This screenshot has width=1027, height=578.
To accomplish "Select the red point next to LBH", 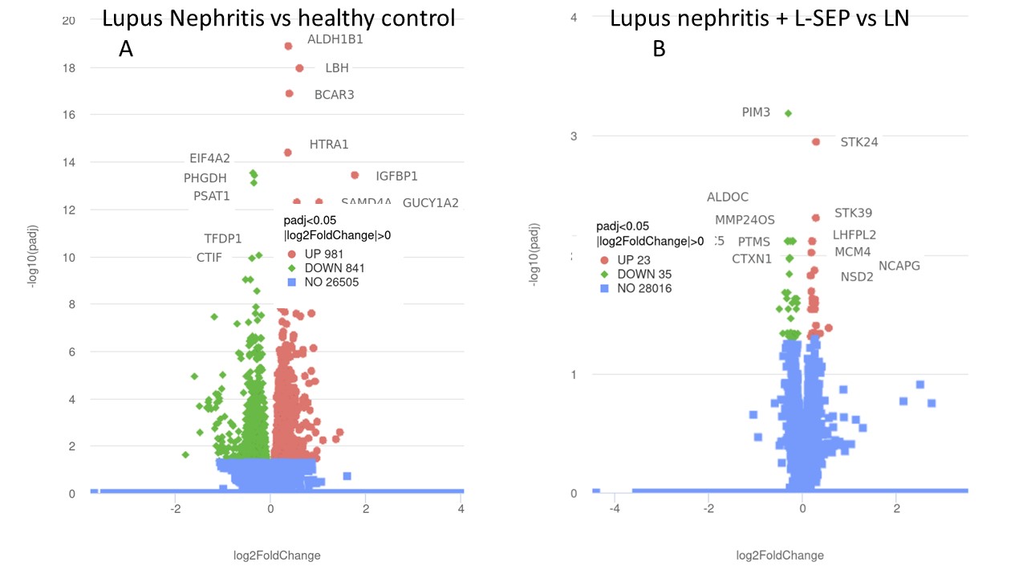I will click(x=299, y=68).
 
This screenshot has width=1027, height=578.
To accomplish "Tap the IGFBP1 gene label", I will click(x=396, y=176).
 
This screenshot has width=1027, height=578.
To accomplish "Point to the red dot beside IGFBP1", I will click(x=355, y=175).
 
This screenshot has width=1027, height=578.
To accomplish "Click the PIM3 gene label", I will click(x=756, y=112).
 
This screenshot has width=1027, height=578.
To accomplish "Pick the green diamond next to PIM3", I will click(x=788, y=113).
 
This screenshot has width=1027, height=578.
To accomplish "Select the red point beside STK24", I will click(x=816, y=142).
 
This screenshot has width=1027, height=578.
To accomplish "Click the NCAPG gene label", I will click(x=899, y=266).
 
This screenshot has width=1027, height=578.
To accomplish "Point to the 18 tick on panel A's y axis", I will click(x=69, y=68).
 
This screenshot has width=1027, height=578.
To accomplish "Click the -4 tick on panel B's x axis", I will click(x=615, y=509).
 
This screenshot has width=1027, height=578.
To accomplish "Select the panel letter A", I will click(x=126, y=49).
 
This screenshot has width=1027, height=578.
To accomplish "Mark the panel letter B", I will click(x=659, y=49).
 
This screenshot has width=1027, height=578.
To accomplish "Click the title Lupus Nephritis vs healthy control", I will click(x=278, y=18).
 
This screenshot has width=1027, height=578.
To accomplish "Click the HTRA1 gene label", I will click(x=329, y=144).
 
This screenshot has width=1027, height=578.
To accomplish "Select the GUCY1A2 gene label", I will click(x=431, y=202).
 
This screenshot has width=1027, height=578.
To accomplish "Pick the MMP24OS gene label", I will click(x=745, y=220).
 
